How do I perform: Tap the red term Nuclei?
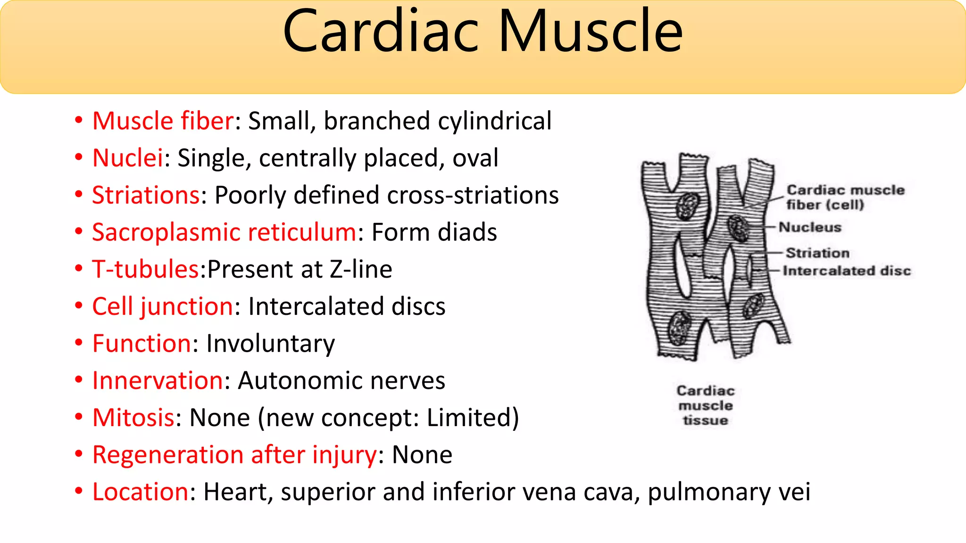pos(128,158)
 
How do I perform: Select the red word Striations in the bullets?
pos(146,195)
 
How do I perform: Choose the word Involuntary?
pos(270,344)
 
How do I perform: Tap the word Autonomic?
pos(300,381)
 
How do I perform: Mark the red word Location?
pos(141,492)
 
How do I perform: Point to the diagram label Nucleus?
pos(810,227)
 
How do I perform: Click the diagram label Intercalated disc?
pos(847,271)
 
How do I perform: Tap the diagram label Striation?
pos(817,253)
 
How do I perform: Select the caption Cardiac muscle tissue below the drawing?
pos(706,405)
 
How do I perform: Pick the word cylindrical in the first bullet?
pos(495,121)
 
